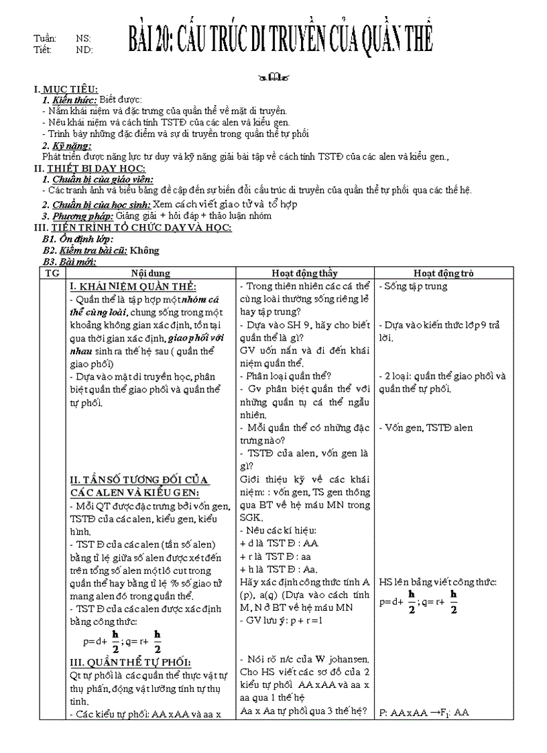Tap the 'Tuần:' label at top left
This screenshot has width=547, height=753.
[x=45, y=39]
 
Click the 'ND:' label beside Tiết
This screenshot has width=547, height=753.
[x=84, y=50]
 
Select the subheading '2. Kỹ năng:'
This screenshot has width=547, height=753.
[x=66, y=146]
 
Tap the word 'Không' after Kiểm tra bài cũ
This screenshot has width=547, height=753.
[x=144, y=251]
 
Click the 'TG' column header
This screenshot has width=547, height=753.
[x=52, y=273]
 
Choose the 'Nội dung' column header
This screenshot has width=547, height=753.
[x=150, y=273]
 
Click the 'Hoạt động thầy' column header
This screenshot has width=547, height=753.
[x=304, y=273]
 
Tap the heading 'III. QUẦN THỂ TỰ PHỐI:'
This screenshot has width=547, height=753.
[x=130, y=662]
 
